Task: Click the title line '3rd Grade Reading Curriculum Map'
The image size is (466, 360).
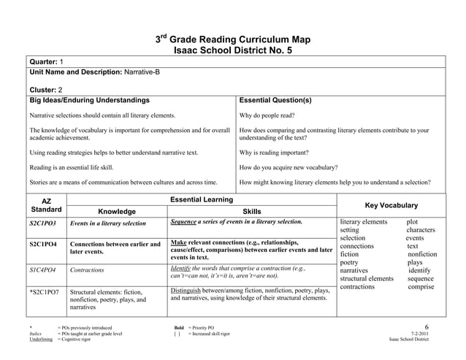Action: tap(234, 39)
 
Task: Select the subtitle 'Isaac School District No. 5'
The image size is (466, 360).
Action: tap(234, 50)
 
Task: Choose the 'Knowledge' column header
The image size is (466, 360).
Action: tap(116, 211)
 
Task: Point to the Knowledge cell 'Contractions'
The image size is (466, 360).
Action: tap(86, 269)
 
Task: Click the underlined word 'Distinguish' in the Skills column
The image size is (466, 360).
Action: tap(186, 290)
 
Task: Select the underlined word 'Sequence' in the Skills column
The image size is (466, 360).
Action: tap(185, 221)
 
